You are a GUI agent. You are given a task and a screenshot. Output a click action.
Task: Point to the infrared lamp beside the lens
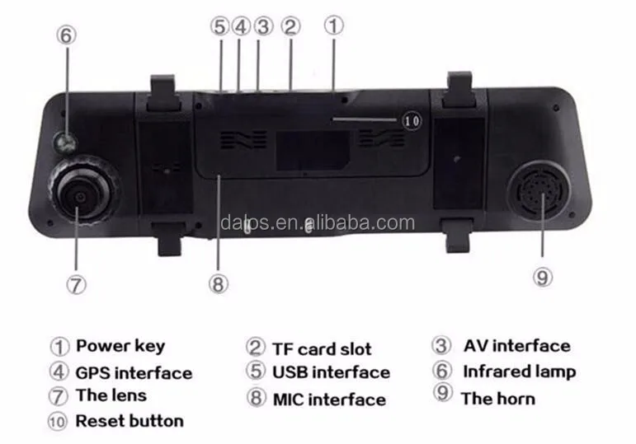click(66, 143)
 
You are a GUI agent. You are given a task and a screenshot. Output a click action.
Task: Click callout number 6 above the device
click(67, 35)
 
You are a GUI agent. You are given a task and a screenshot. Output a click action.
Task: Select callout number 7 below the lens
click(76, 285)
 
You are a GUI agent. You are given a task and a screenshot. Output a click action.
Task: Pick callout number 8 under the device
click(217, 285)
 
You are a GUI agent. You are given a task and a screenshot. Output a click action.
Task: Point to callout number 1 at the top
click(333, 25)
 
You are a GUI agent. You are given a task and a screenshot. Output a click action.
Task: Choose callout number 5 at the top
click(219, 26)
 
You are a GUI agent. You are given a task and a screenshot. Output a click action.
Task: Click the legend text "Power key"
click(120, 346)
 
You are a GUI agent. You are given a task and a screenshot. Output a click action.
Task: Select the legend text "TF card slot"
click(322, 349)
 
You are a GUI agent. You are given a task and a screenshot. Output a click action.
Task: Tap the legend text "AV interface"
click(516, 346)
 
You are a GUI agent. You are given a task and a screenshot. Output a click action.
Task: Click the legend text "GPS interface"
click(134, 373)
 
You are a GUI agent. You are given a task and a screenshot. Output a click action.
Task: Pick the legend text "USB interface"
click(330, 372)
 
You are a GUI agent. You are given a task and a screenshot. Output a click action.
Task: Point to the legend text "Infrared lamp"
click(519, 372)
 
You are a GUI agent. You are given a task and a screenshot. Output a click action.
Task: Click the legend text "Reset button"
click(130, 421)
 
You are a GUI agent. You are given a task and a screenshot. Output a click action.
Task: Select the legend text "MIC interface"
click(329, 400)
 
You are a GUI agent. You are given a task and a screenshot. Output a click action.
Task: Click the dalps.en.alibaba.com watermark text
click(318, 222)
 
